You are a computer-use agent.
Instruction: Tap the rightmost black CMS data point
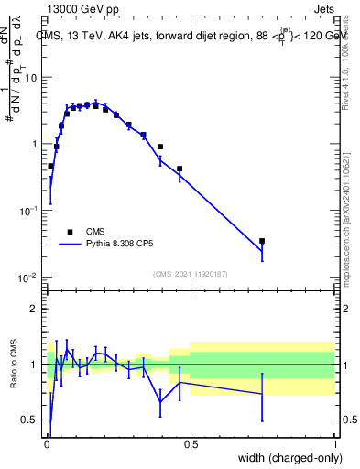tap(262, 241)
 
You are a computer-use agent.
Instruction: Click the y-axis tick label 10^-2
tap(27, 278)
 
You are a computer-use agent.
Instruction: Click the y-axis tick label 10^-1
tap(27, 211)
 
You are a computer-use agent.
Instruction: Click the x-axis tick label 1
tap(334, 442)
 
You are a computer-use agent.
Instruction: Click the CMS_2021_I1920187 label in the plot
tap(190, 274)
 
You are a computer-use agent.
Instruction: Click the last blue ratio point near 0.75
tap(262, 395)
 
